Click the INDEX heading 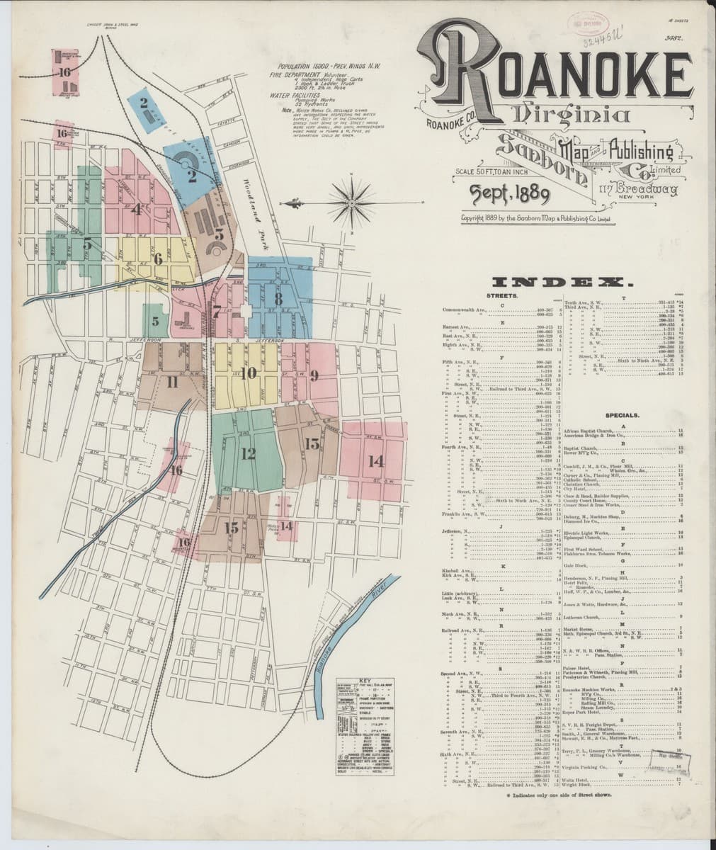click(561, 282)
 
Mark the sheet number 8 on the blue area click(278, 299)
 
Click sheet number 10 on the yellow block click(248, 373)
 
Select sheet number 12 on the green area click(248, 453)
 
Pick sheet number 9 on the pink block click(312, 373)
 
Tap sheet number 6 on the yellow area click(157, 259)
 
